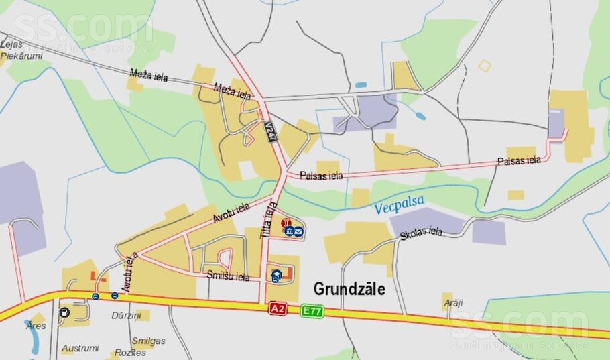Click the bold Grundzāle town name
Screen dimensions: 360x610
coord(349,289)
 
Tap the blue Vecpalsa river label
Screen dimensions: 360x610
coord(400,206)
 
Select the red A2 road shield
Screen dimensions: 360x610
coord(278,308)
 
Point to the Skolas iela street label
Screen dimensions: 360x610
coord(421,233)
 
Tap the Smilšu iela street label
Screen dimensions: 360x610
coord(228,276)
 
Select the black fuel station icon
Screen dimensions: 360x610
coord(64,312)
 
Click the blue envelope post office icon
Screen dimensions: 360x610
coord(298,231)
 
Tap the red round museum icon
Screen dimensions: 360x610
coord(286,223)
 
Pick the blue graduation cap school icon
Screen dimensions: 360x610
coord(276,275)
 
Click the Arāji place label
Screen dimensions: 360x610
coord(454,303)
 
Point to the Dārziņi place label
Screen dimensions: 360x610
coord(126,315)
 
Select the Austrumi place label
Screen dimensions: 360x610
coord(80,349)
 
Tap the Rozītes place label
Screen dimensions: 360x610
coord(130,353)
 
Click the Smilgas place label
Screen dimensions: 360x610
coord(149,340)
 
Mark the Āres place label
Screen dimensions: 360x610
coord(36,325)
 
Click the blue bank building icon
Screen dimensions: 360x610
coord(289,231)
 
